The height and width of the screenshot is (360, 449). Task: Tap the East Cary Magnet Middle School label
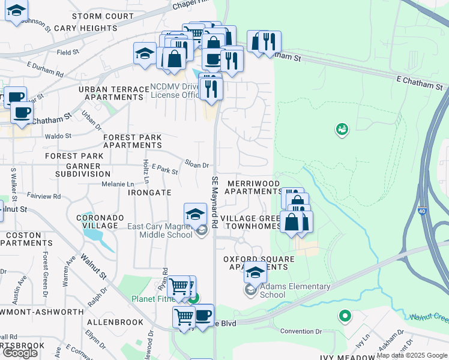point(160,231)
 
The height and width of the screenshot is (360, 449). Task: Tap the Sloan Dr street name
point(197,164)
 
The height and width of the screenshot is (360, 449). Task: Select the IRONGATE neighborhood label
point(149,192)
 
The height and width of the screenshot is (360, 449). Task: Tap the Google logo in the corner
point(20,352)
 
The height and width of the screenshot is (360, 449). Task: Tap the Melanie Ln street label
point(118,184)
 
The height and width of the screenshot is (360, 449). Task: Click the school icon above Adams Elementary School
point(255,272)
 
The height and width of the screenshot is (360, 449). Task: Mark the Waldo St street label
point(58,136)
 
